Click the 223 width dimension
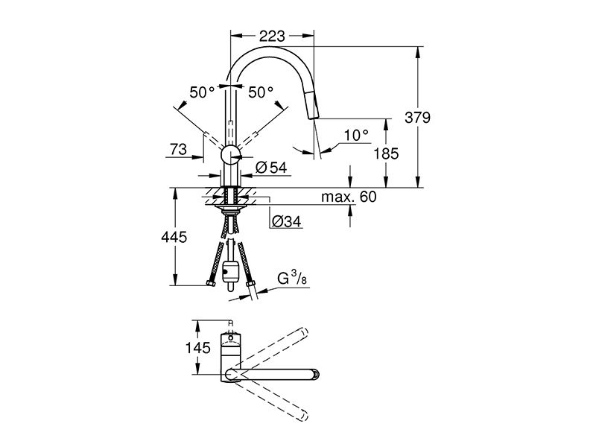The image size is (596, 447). [272, 36]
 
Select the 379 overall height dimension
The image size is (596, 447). [417, 118]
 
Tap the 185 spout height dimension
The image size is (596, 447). [386, 153]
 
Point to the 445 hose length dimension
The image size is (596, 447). [174, 237]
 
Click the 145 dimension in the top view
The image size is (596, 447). [197, 347]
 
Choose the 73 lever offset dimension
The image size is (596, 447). [178, 150]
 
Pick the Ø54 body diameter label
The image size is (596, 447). [271, 167]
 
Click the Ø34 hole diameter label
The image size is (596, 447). [287, 221]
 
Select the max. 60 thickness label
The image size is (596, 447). [349, 197]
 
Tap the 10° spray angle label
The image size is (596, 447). [356, 136]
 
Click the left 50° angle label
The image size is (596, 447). [202, 92]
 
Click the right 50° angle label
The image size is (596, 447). [261, 92]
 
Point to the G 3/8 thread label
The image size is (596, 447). [292, 279]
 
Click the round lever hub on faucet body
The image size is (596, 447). [230, 154]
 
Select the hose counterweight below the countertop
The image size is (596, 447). [230, 272]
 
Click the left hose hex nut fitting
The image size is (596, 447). [210, 284]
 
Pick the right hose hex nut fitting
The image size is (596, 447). [250, 285]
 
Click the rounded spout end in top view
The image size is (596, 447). [314, 375]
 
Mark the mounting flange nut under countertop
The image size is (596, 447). [230, 208]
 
